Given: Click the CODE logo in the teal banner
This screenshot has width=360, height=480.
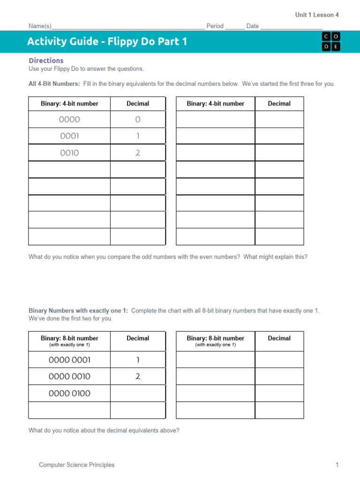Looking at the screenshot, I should pos(331,41).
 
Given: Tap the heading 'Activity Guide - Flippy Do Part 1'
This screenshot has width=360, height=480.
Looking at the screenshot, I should pos(107,42).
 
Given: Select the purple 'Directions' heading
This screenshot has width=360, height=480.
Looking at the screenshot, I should pos(46,60).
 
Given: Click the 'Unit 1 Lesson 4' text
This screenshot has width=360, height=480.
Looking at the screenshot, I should pos(317,15).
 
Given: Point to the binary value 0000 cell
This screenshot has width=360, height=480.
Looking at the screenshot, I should pos(69,120).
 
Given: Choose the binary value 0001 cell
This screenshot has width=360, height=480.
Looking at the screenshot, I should pos(69,136).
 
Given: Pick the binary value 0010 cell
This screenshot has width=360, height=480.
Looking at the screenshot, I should pos(69,153).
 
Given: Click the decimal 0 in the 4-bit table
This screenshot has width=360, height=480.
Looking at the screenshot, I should pos(138,120).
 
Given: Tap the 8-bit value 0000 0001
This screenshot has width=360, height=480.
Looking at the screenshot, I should pos(69,360).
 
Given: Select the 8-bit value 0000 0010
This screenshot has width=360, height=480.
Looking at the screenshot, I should pos(69,376).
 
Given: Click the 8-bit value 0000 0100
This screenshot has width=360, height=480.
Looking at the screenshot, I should pos(69,393).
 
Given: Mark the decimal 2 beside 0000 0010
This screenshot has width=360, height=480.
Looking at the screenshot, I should pos(138,376).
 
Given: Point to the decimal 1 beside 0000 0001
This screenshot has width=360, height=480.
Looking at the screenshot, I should pos(138,360).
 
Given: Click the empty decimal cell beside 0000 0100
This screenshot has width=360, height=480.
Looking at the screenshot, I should pos(138,393).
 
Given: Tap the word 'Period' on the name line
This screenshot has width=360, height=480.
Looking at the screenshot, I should pos(215,26).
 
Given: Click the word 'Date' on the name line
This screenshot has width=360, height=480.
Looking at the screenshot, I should pos(253,26).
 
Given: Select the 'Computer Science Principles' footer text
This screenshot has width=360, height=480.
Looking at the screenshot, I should pos(76,465).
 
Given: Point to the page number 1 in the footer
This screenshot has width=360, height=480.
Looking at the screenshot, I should pos(337,465).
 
